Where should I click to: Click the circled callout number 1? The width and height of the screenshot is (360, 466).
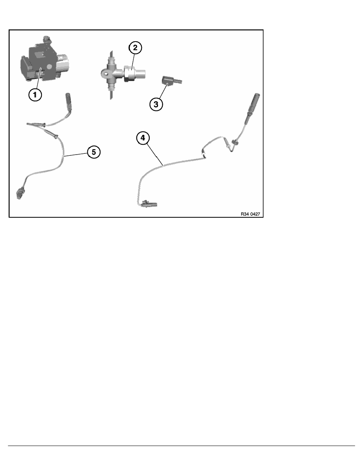pos(35,95)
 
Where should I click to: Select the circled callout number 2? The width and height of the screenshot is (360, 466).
pos(135,47)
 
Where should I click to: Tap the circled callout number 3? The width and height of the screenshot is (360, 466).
pos(156,104)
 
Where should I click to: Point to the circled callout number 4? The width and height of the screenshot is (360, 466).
pos(143,138)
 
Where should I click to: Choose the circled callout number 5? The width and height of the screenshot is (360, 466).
pos(94,152)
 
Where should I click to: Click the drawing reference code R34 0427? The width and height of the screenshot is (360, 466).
pos(250,214)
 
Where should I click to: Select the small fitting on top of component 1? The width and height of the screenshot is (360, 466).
pos(46,39)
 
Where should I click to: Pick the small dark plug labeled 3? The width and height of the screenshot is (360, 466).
pos(171,80)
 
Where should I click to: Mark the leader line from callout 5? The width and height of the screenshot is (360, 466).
pos(75,154)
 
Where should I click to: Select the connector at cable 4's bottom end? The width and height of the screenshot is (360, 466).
pos(150,204)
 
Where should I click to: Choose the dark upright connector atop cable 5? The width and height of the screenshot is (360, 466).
pos(68,102)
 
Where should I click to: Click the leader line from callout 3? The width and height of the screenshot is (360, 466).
pos(164,91)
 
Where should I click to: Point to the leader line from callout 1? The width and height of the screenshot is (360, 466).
pos(38,78)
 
